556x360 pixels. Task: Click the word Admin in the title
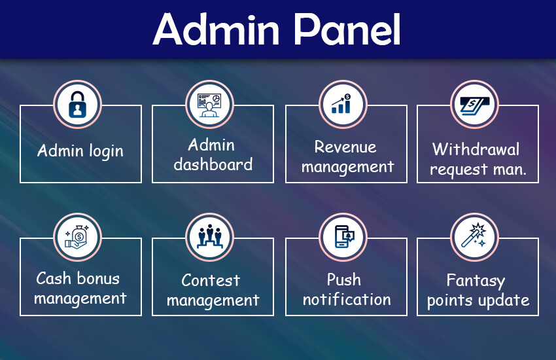click(217, 29)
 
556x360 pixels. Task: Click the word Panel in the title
click(348, 29)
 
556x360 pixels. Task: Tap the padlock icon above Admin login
click(77, 105)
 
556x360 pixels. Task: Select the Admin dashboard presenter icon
click(209, 105)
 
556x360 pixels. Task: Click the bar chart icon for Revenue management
click(341, 103)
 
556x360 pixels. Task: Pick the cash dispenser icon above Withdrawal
click(474, 105)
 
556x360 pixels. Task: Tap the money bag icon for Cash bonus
click(77, 237)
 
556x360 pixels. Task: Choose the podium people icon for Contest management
click(209, 236)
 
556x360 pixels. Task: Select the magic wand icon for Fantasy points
click(474, 235)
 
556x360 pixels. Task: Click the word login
click(106, 151)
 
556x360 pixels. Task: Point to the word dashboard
click(213, 164)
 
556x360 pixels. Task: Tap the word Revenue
click(345, 147)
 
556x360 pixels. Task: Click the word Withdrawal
click(476, 149)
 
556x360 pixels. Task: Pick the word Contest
click(211, 280)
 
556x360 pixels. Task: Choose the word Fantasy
click(476, 281)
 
